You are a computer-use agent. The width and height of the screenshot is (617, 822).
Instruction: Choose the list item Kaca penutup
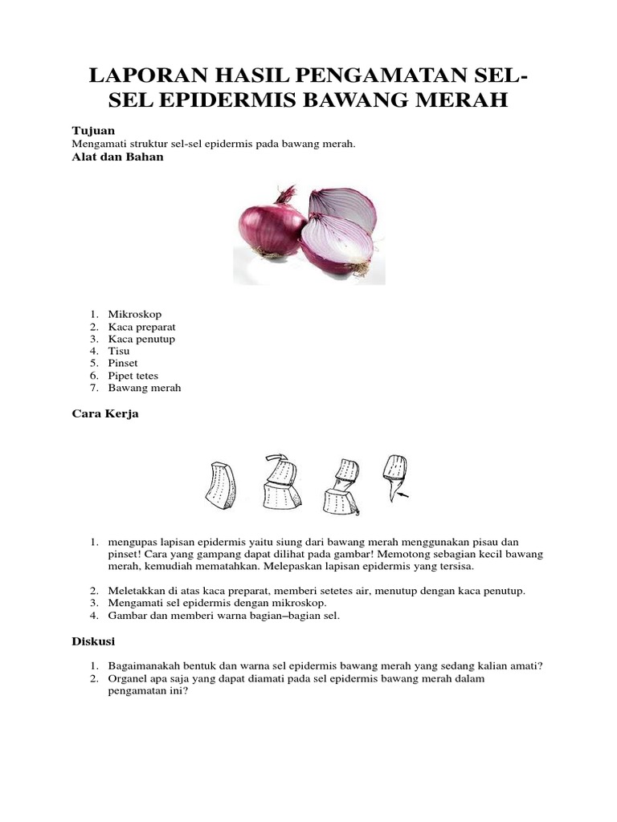coord(141,339)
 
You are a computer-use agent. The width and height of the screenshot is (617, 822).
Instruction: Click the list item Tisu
coord(119,351)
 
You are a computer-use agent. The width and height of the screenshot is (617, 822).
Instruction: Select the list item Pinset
coord(124,363)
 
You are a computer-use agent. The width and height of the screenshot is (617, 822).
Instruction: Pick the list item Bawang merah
coord(145,388)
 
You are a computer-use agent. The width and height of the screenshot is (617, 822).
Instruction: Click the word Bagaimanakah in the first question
coord(145,666)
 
